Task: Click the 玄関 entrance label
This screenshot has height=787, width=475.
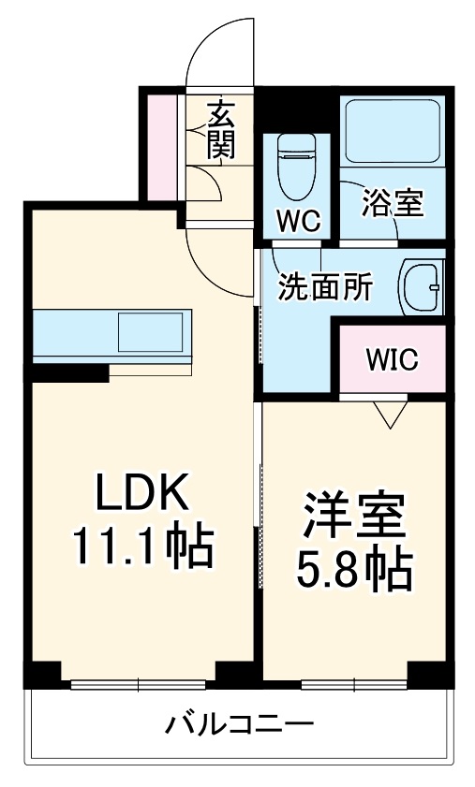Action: [x=220, y=128]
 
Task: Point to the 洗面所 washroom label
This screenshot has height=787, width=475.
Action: [x=324, y=288]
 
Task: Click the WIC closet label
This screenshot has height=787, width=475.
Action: [x=392, y=358]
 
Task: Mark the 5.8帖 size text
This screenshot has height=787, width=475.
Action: [x=354, y=568]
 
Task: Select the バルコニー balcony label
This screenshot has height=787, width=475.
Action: [x=240, y=724]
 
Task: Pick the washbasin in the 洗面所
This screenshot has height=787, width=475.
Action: [x=422, y=284]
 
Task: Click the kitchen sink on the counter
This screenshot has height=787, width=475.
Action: [x=150, y=333]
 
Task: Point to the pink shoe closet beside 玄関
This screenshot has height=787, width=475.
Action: [x=162, y=146]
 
